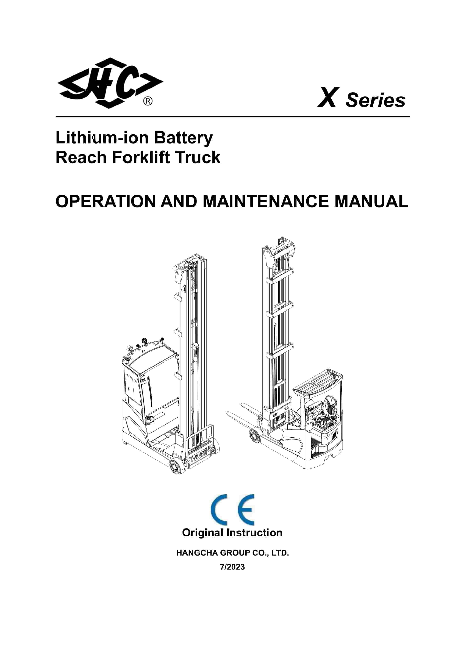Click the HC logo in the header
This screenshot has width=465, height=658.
tap(110, 83)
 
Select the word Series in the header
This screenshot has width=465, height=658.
tap(375, 100)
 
